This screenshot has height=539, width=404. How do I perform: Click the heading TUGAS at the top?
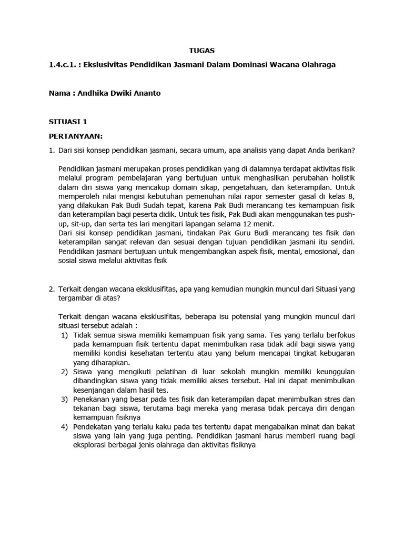click(x=202, y=51)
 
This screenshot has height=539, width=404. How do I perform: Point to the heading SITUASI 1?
click(x=68, y=122)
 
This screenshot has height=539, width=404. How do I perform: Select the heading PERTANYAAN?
click(x=75, y=135)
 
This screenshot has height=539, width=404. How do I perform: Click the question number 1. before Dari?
click(x=52, y=150)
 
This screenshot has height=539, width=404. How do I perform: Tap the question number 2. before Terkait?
click(x=52, y=289)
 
